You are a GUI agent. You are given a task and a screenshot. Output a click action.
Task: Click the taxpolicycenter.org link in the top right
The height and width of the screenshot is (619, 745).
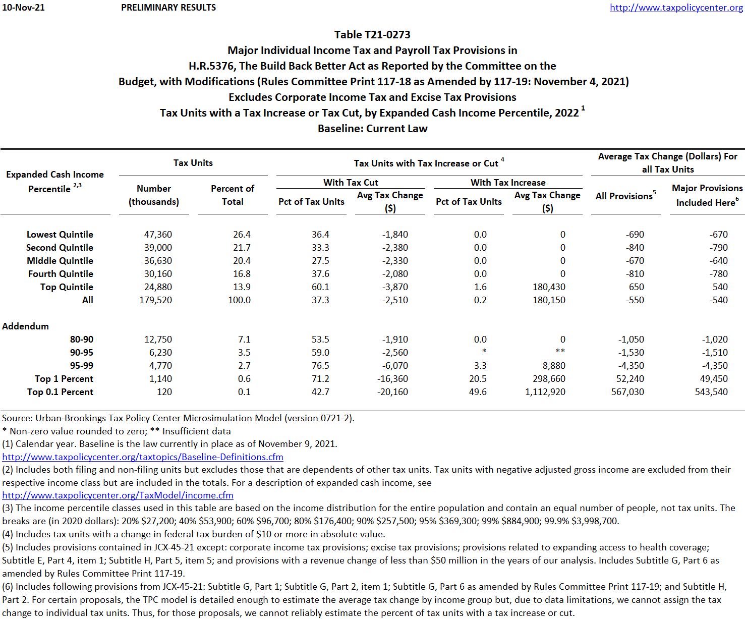point(676,8)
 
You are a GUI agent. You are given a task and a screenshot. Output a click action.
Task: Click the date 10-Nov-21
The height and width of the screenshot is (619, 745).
point(23,8)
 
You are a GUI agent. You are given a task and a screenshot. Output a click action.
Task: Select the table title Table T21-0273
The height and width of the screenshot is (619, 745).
point(372,34)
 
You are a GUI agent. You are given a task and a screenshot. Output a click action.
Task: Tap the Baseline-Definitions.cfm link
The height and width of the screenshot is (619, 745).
point(143,457)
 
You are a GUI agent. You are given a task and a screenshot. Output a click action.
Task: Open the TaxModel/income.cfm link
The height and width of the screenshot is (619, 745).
point(118,495)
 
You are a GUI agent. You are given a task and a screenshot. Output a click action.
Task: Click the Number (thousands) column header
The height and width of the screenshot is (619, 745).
point(154,195)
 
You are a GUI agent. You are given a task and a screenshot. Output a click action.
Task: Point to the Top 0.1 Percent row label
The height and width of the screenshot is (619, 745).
point(60,392)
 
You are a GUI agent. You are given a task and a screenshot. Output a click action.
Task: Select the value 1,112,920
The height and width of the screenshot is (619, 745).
point(545,392)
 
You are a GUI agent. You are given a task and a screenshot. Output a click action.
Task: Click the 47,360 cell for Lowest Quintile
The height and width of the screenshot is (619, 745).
point(158,235)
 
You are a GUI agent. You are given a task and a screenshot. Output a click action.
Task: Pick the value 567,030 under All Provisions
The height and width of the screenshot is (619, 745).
point(627,392)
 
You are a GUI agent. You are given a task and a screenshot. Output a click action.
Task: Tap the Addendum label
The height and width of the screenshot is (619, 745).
point(26,326)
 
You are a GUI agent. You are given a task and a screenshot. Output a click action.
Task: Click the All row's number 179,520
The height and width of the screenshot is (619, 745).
point(155,300)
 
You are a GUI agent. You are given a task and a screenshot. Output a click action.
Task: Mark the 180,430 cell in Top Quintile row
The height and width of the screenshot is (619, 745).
point(549,287)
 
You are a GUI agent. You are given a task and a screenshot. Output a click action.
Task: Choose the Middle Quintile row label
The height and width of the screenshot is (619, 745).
point(60,261)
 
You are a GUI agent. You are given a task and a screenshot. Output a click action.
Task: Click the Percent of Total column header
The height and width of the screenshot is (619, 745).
point(233,195)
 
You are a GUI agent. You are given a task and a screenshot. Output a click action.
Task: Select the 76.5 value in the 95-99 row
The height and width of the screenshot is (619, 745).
point(320,366)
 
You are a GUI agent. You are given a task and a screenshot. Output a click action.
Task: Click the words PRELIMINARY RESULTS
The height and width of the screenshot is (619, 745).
point(168,8)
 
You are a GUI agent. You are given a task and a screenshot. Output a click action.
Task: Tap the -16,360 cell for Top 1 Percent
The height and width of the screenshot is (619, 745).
point(392,379)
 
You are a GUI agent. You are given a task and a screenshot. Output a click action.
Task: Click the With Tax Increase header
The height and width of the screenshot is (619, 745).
point(508,183)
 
